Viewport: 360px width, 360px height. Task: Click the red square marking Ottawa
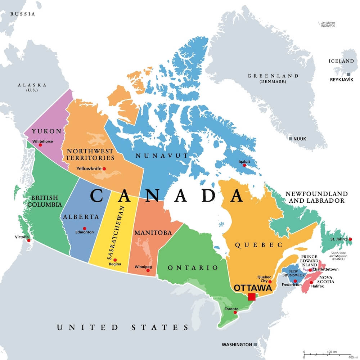252,297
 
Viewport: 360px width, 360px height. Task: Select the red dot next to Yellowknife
104,168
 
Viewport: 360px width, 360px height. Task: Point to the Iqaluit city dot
244,165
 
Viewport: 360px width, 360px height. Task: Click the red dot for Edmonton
85,228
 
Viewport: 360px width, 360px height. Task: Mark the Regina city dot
115,260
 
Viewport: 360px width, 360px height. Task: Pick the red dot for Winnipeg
148,270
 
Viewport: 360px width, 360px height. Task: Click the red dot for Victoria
29,240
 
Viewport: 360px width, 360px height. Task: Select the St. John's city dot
350,239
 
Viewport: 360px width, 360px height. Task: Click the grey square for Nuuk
291,139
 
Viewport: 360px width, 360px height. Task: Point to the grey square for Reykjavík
348,74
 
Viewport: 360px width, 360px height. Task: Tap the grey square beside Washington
255,345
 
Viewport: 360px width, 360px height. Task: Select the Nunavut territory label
162,156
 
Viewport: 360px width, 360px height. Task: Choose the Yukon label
46,131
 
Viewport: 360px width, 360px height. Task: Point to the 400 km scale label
332,351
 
